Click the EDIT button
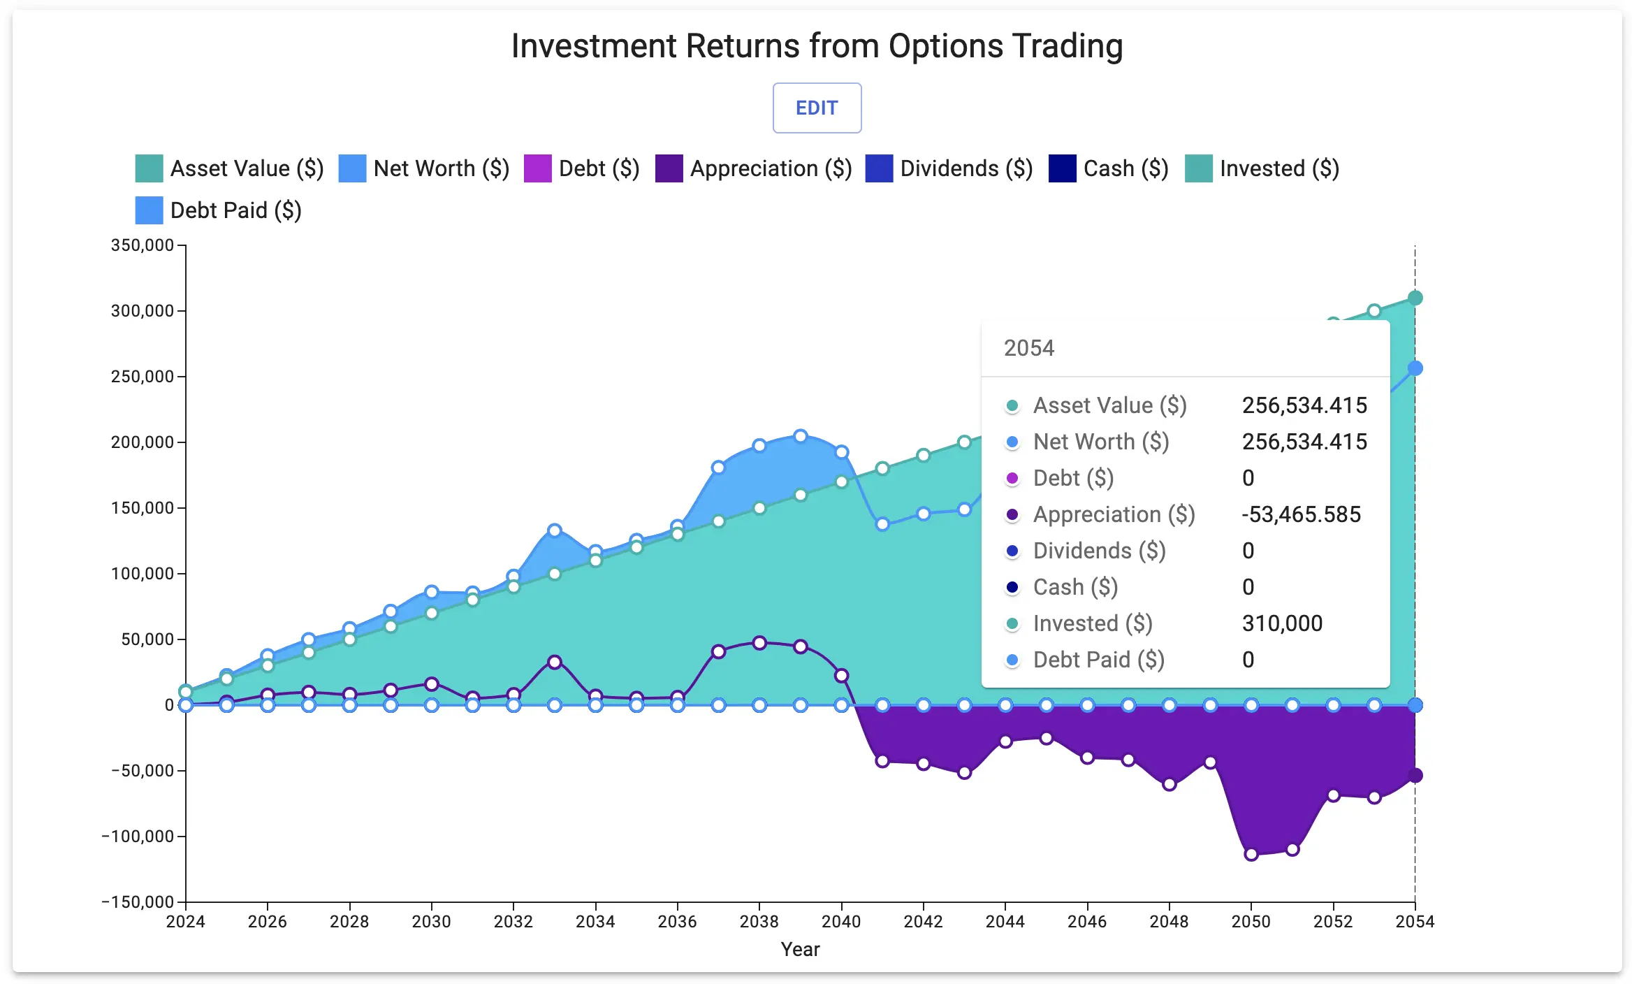tap(816, 108)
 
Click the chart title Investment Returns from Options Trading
tap(816, 46)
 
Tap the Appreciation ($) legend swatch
tap(669, 168)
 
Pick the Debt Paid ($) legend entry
tap(218, 210)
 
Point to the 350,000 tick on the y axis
tap(143, 245)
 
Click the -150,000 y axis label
tap(138, 902)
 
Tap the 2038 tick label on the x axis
tap(759, 921)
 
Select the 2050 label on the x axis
tap(1251, 921)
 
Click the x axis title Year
tap(800, 949)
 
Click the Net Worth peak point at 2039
tap(801, 436)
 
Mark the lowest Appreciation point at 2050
tap(1251, 854)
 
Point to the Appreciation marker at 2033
tap(555, 662)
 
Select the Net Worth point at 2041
tap(882, 524)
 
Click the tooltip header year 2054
tap(1028, 348)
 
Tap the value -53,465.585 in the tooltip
tap(1301, 514)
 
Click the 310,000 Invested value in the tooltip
tap(1282, 623)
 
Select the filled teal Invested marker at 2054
tap(1415, 298)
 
